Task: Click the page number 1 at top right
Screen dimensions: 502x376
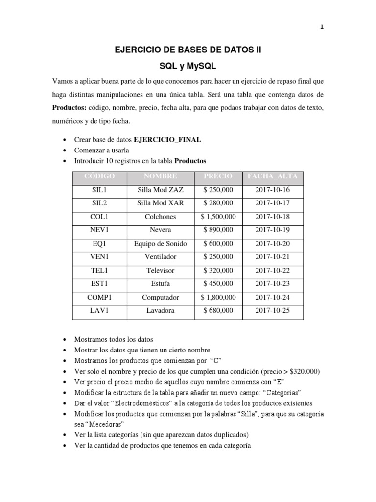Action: click(322, 27)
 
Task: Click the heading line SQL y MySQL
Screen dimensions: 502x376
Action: click(188, 66)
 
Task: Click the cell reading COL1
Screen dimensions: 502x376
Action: click(99, 217)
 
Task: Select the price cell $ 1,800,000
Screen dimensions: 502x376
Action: click(218, 297)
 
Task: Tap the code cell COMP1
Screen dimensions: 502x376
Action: click(99, 297)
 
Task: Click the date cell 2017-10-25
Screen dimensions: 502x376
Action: click(273, 310)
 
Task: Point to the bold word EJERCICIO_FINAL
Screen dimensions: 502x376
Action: click(167, 140)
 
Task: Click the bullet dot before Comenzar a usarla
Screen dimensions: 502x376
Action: click(66, 151)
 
